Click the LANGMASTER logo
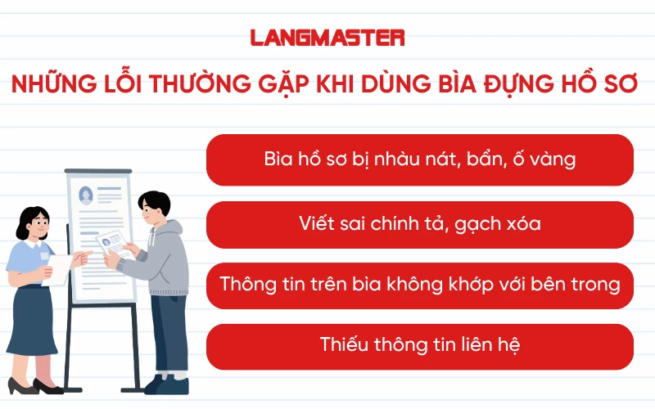(x=327, y=38)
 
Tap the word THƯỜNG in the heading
(x=196, y=85)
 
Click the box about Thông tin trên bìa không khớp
(x=420, y=285)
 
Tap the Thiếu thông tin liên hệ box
(x=420, y=345)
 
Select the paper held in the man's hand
(x=112, y=243)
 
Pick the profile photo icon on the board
(x=86, y=195)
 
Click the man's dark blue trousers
(x=168, y=335)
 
